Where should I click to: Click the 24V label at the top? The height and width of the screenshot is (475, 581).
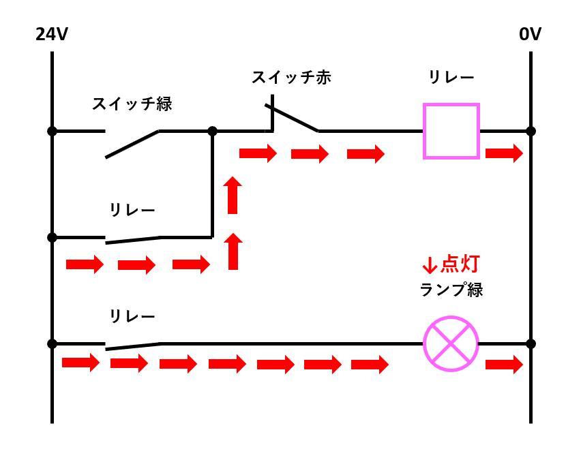click(52, 34)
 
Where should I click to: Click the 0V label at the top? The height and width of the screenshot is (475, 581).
click(530, 34)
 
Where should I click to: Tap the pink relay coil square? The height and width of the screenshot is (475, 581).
click(451, 131)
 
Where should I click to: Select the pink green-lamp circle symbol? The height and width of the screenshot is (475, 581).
click(451, 343)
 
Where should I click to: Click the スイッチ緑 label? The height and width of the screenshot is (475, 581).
click(132, 104)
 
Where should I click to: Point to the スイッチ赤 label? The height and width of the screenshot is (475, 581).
click(291, 77)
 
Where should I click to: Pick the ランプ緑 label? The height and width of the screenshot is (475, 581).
click(451, 290)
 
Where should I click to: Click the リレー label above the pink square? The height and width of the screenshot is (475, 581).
click(451, 78)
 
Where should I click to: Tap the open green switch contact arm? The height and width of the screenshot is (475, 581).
click(132, 144)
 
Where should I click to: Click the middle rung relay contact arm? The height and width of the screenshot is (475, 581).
click(133, 240)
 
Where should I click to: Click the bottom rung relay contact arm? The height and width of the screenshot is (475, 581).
click(133, 346)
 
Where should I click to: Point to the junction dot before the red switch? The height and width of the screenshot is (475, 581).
click(212, 131)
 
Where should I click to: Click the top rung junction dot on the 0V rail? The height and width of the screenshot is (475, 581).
click(531, 131)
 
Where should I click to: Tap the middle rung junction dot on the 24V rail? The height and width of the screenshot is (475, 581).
click(52, 237)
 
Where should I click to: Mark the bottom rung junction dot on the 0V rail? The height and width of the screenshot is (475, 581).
click(531, 343)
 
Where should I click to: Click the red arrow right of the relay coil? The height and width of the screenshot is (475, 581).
click(504, 153)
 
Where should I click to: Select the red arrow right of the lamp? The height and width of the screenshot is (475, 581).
click(504, 365)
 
